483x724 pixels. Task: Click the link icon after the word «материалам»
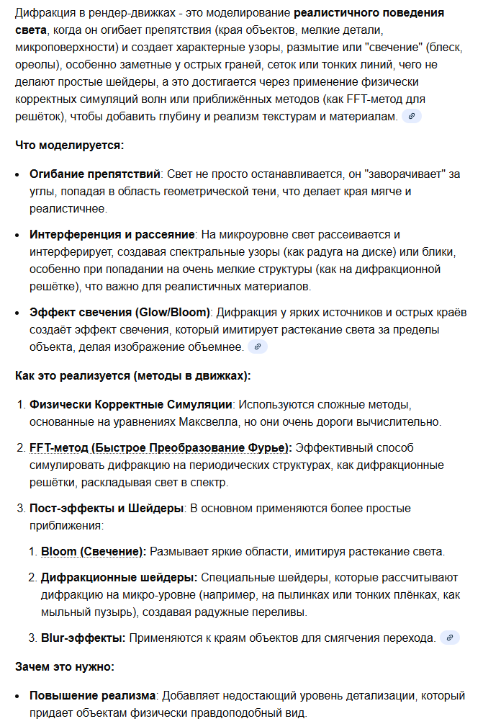(x=412, y=116)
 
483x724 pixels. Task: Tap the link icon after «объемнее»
(x=258, y=347)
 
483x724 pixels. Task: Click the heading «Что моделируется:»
(x=69, y=145)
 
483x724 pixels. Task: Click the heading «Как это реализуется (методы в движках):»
(x=132, y=375)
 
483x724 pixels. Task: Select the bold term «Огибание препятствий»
(x=94, y=174)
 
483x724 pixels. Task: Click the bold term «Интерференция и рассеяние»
(x=112, y=235)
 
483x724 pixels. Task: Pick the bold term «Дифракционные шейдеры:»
(x=119, y=577)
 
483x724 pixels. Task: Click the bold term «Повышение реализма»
(x=92, y=696)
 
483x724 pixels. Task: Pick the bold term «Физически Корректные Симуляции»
(x=130, y=404)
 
